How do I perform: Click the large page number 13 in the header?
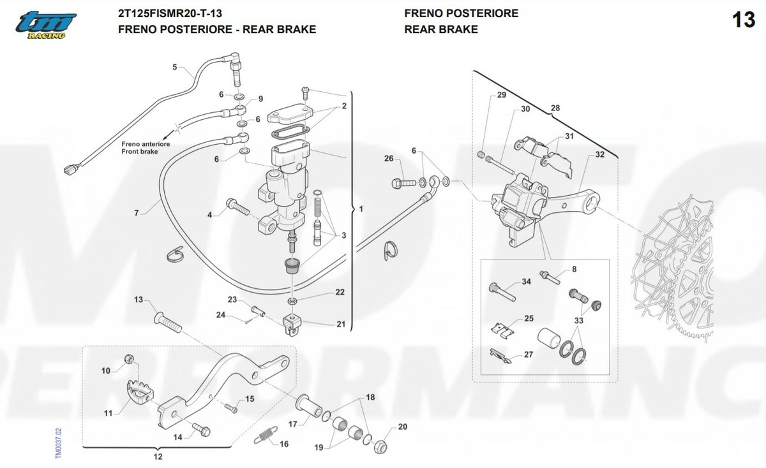[x=744, y=20]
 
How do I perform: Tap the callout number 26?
[x=389, y=159]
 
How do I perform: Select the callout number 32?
[x=599, y=155]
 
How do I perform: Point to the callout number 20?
[x=402, y=427]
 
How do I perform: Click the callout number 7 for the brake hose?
[x=136, y=212]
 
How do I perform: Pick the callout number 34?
[x=526, y=281]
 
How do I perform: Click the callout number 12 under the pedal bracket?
[x=158, y=457]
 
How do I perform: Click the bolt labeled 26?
[x=403, y=183]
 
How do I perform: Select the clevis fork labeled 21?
[x=291, y=323]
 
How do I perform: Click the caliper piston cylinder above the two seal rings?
[x=549, y=338]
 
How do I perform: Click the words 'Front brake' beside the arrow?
[x=139, y=152]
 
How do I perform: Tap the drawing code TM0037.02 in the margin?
[x=58, y=442]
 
